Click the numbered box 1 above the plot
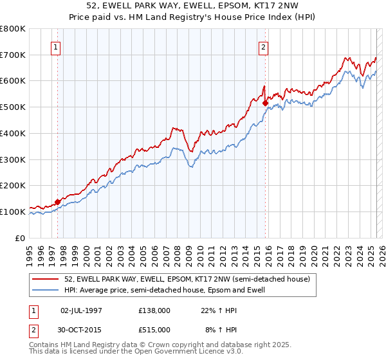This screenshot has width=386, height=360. [55, 46]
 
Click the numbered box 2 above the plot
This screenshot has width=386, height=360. [264, 46]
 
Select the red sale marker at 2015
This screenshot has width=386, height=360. [265, 102]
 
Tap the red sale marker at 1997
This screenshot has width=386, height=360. [58, 202]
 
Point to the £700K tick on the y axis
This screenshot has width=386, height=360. [13, 55]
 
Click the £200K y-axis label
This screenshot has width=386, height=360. [13, 185]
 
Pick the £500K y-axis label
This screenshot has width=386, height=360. [13, 107]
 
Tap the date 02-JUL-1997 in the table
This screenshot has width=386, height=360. [80, 310]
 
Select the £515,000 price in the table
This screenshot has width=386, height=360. [154, 330]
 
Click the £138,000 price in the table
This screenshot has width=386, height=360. [154, 310]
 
